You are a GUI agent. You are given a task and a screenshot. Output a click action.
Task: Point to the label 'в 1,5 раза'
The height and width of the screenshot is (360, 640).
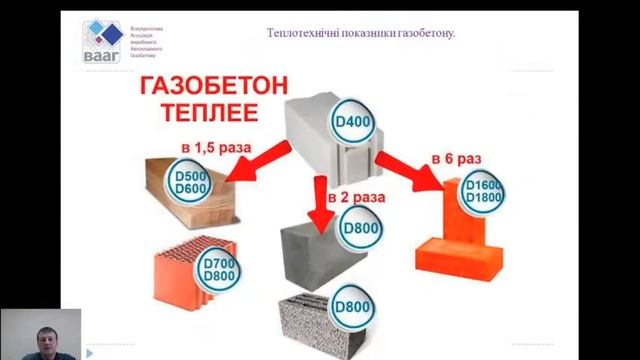point(215,147)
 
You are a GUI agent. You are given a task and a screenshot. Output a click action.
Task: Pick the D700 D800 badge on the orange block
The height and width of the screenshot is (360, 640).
point(218,267)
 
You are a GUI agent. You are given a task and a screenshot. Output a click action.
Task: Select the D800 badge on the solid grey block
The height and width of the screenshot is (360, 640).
point(361,229)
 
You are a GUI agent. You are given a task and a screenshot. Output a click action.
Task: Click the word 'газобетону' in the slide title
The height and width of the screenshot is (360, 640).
point(427,33)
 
